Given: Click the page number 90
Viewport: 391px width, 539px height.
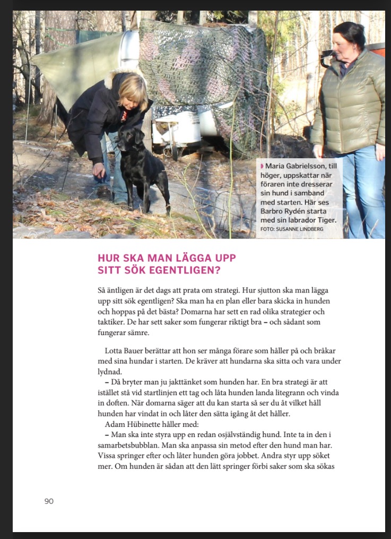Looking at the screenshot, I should coord(49,501).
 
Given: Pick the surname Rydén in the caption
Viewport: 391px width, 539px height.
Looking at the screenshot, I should coord(298,211).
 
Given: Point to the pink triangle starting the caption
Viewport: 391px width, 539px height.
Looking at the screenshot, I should coord(262,166).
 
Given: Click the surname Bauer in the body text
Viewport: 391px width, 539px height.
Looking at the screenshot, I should coord(136,351).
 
